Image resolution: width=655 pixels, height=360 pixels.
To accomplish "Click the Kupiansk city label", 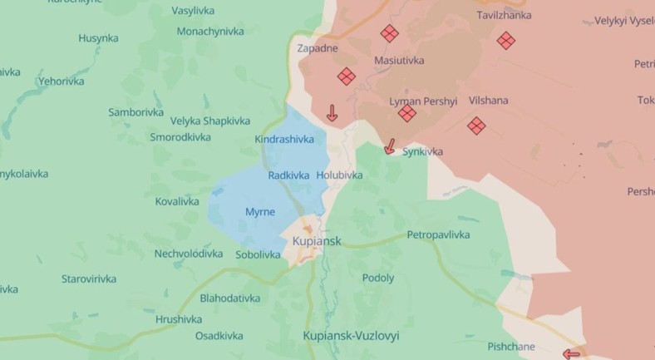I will tap(317, 241).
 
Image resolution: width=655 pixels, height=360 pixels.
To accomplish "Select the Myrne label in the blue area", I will tap(260, 212).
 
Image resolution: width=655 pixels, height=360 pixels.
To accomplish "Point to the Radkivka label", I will tap(288, 175).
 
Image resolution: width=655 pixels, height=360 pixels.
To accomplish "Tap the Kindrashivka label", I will tap(284, 139).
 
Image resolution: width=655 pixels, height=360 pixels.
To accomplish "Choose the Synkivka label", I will tap(422, 151).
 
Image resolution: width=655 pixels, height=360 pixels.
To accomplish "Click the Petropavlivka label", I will tap(438, 234).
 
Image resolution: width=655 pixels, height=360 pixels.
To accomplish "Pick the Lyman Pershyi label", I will tap(423, 101).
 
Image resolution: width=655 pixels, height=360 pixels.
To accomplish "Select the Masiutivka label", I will tap(399, 61).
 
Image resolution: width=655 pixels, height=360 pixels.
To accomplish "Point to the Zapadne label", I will tap(318, 48).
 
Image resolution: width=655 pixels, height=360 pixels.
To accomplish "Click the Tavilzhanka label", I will tap(504, 15).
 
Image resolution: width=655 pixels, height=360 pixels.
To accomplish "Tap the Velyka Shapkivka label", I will tap(206, 121).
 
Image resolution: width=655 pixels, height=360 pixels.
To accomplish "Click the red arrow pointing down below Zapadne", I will tap(332, 113).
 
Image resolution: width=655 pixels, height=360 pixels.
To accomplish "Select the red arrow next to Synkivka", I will tap(389, 147).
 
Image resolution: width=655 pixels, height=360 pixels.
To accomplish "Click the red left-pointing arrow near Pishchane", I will tap(571, 353).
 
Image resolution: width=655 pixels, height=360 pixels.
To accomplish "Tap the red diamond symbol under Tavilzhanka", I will tap(505, 40).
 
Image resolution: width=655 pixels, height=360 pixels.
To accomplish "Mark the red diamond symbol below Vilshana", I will tap(476, 126).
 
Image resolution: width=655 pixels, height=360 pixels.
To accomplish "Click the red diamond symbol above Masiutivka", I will tap(389, 34).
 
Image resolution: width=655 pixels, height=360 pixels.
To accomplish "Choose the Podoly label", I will tap(378, 278).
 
